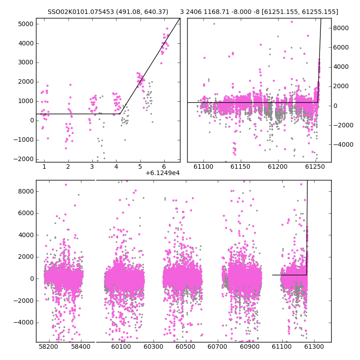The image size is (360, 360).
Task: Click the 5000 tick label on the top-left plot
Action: pyautogui.click(x=26, y=24)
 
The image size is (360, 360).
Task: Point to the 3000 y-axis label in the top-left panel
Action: pyautogui.click(x=26, y=63)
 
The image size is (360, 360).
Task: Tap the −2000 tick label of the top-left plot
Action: pyautogui.click(x=24, y=159)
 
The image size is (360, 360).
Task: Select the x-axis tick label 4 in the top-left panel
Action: pyautogui.click(x=116, y=166)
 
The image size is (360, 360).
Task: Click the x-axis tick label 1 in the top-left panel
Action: pyautogui.click(x=44, y=166)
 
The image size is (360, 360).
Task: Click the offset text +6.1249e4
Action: pyautogui.click(x=162, y=173)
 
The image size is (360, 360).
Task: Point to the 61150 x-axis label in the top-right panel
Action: pyautogui.click(x=240, y=166)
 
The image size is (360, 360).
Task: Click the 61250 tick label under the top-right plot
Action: pyautogui.click(x=315, y=166)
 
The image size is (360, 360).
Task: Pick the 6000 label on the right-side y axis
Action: pyautogui.click(x=341, y=48)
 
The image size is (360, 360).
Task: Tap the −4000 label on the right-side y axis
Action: pyautogui.click(x=343, y=144)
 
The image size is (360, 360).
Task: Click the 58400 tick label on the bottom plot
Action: pyautogui.click(x=81, y=346)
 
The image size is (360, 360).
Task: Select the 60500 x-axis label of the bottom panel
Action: pyautogui.click(x=185, y=346)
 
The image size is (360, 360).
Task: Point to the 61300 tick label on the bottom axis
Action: pyautogui.click(x=314, y=346)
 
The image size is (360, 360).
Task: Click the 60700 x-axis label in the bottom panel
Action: pyautogui.click(x=217, y=346)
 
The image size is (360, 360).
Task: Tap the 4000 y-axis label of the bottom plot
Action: pyautogui.click(x=26, y=235)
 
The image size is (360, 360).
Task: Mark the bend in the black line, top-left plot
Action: pyautogui.click(x=120, y=114)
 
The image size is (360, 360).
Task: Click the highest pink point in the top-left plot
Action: pyautogui.click(x=167, y=29)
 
